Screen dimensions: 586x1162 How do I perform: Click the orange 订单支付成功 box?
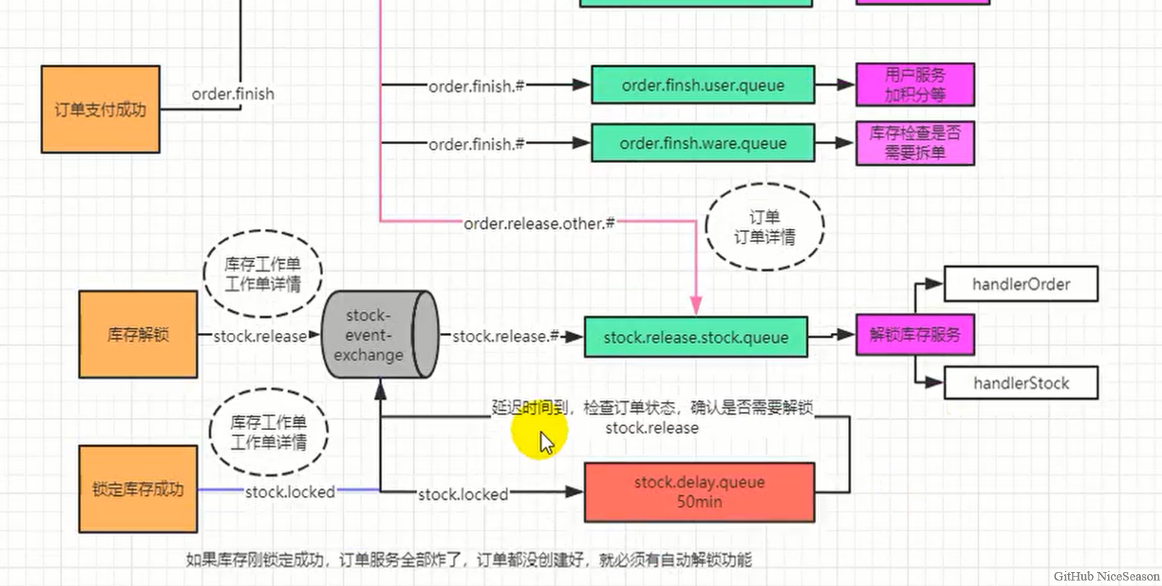tap(100, 109)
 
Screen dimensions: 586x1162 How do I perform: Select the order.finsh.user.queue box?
tap(703, 85)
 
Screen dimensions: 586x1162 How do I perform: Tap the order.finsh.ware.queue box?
tap(703, 143)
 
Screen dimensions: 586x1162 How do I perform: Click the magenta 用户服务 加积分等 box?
tap(914, 85)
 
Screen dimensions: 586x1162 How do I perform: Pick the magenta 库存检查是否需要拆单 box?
tap(914, 143)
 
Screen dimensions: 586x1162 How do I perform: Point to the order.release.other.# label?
tap(539, 223)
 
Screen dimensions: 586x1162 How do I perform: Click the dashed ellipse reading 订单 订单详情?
tap(764, 227)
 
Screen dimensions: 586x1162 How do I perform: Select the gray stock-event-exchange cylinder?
tap(379, 335)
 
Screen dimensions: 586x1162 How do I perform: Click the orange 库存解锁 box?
tap(138, 335)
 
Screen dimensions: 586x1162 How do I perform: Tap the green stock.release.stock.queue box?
tap(695, 337)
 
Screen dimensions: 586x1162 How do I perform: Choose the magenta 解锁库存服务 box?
tap(914, 335)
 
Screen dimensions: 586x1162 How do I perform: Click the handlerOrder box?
tap(1021, 284)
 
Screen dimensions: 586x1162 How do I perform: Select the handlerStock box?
tap(1021, 383)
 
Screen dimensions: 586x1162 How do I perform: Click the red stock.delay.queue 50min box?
tap(699, 491)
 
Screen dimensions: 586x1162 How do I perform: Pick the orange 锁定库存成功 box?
tap(138, 489)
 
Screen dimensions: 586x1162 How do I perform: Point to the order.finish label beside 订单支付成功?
tap(233, 94)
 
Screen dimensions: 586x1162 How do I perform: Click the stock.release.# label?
tap(506, 336)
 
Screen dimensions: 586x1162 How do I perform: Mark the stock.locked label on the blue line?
tap(290, 492)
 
